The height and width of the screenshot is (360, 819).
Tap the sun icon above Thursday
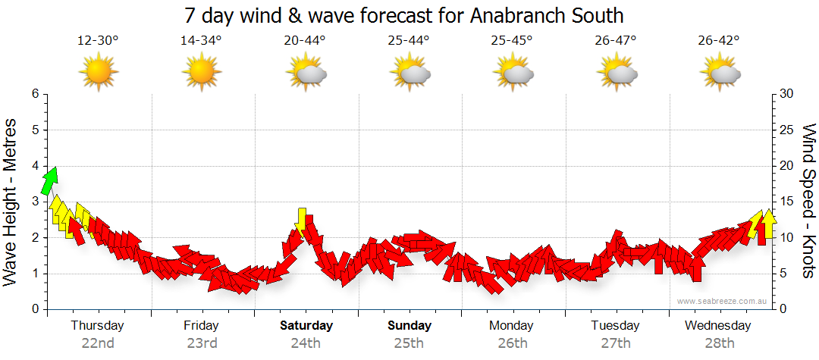(x=98, y=73)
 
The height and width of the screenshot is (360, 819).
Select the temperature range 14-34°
(x=201, y=41)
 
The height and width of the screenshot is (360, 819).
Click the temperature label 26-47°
(x=615, y=41)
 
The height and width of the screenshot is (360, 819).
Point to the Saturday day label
(x=306, y=326)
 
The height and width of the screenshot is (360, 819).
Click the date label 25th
(x=409, y=343)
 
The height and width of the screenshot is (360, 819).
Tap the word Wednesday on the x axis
(x=717, y=326)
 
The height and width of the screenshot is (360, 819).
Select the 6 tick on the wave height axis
(x=35, y=94)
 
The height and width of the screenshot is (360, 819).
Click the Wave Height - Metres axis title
(x=11, y=202)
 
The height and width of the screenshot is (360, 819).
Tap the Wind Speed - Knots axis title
(x=808, y=202)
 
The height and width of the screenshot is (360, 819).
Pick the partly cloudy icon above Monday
(x=513, y=73)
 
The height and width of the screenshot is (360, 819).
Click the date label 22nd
(x=98, y=343)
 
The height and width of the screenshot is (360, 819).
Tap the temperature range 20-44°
(x=305, y=41)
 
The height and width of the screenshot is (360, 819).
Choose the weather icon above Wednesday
(x=719, y=73)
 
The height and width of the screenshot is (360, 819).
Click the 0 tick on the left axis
(x=35, y=309)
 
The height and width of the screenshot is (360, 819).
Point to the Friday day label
(x=201, y=326)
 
